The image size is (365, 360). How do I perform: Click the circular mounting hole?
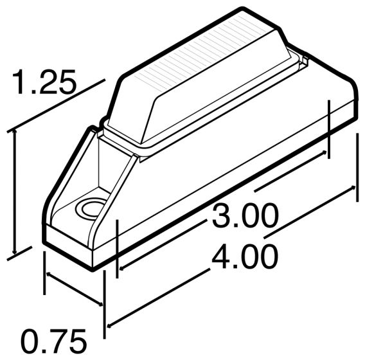point(89,208)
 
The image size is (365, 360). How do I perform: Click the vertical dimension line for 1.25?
point(13,193)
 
